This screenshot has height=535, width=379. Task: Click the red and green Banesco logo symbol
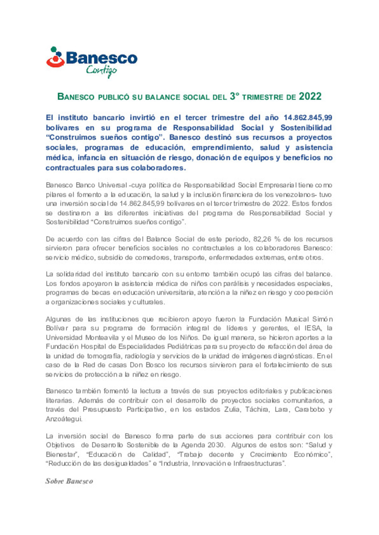pyautogui.click(x=55, y=57)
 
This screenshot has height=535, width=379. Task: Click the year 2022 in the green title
pyautogui.click(x=310, y=97)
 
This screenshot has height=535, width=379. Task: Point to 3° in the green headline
pyautogui.click(x=234, y=97)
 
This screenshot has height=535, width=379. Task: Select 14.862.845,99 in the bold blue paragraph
pyautogui.click(x=308, y=118)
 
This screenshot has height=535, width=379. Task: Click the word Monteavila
pyautogui.click(x=102, y=338)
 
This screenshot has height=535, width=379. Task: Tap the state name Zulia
pyautogui.click(x=232, y=409)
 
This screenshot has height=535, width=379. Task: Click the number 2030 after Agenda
pyautogui.click(x=215, y=445)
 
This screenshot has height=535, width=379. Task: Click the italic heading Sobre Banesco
pyautogui.click(x=69, y=481)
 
